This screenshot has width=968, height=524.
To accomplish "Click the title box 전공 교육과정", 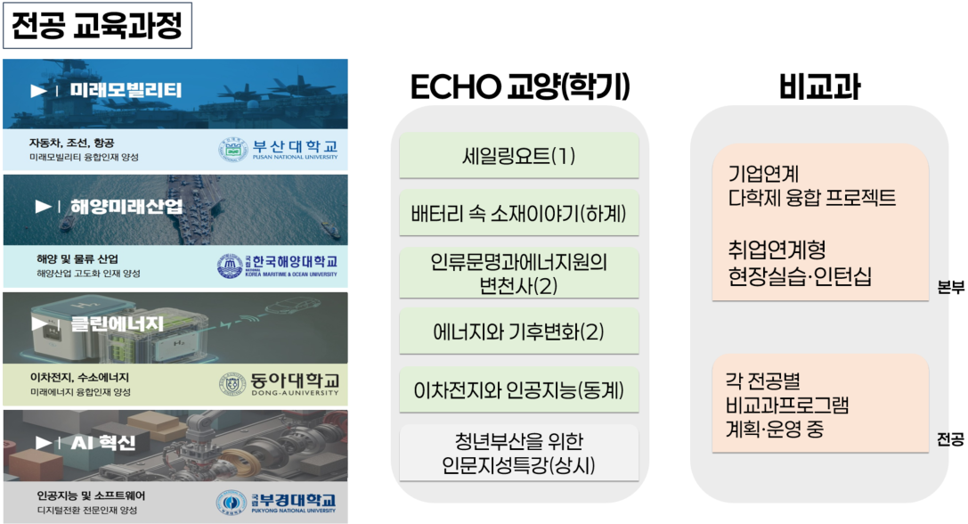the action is click(98, 26).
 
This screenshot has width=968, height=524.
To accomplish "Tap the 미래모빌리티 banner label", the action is click(126, 90).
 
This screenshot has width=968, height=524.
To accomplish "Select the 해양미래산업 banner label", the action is click(126, 207).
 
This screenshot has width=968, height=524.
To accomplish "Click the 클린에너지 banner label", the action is click(118, 323).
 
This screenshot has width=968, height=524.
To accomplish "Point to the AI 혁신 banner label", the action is click(103, 442).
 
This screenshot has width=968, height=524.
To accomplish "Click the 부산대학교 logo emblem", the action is click(232, 149).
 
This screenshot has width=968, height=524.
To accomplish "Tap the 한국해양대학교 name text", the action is click(295, 261).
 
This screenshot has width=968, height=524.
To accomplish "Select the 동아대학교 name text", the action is click(295, 380).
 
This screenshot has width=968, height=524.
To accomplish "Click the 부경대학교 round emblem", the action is click(231, 502).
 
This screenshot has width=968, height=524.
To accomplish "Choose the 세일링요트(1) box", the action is click(519, 156).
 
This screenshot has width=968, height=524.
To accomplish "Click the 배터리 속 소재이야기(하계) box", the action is click(519, 214).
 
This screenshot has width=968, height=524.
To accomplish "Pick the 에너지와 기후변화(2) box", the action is click(519, 332).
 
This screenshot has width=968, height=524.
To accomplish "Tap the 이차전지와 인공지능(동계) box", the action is click(519, 390).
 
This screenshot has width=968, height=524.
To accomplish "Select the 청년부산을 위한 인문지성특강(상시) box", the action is click(519, 453).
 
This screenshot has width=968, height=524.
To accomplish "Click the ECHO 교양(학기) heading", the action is click(520, 86).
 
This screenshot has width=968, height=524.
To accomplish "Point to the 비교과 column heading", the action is click(820, 86).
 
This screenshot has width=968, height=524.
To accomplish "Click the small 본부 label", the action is click(950, 287).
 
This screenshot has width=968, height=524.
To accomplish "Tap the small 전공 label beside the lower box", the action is click(950, 439).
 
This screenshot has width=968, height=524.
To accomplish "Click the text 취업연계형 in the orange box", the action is click(777, 250).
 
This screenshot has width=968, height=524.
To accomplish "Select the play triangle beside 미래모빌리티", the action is click(39, 91).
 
